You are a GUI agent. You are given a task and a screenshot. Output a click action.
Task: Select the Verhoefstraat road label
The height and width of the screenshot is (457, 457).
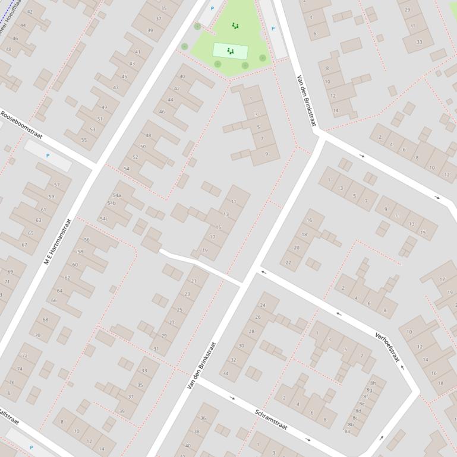[387, 347]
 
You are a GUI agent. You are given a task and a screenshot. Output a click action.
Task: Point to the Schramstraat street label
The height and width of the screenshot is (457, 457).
[272, 420]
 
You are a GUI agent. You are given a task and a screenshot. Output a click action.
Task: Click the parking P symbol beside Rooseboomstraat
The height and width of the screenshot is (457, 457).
[48, 156]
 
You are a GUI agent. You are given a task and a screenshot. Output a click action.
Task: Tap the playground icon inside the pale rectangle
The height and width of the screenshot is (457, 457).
[230, 52]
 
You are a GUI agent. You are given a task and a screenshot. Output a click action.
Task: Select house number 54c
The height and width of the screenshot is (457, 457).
[103, 219]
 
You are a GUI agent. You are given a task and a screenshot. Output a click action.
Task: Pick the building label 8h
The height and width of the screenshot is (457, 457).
[373, 383]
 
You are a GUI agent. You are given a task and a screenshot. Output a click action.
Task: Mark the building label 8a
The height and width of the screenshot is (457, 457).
[347, 431]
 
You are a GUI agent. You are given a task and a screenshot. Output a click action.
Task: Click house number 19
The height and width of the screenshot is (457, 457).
[205, 250]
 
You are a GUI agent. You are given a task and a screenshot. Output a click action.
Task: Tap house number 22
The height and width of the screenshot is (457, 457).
[289, 262]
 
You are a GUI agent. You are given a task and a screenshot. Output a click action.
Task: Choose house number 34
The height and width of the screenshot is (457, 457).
[225, 374]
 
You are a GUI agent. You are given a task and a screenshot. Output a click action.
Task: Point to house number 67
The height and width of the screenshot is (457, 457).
[24, 245]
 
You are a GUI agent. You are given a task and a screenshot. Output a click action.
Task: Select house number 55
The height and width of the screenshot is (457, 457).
[84, 139]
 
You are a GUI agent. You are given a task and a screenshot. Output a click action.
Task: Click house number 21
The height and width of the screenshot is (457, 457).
[194, 281]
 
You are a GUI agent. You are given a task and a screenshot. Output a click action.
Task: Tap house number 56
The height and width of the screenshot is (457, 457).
[87, 240]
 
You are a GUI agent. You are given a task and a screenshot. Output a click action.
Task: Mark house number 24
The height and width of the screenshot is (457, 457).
[262, 305]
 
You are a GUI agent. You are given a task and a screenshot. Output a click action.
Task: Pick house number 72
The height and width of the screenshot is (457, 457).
[24, 356]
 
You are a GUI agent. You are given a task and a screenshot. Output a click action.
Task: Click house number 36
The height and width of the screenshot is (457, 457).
[203, 418]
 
